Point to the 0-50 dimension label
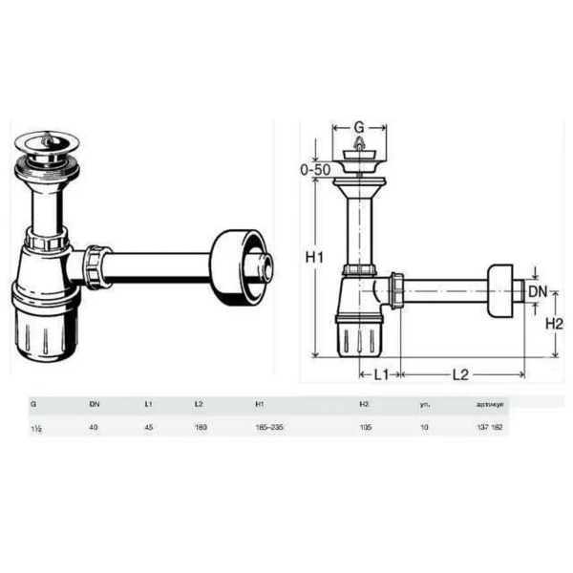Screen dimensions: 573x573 (315, 169)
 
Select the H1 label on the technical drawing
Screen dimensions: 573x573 (315, 258)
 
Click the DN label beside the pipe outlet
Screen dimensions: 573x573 (540, 290)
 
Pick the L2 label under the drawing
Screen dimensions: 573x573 (460, 374)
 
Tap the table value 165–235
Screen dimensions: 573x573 (270, 427)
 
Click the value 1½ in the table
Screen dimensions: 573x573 (36, 427)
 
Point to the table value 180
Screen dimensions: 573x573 (200, 427)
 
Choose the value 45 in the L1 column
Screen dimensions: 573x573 (148, 427)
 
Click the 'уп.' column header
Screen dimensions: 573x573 (425, 404)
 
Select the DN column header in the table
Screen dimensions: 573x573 (94, 404)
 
